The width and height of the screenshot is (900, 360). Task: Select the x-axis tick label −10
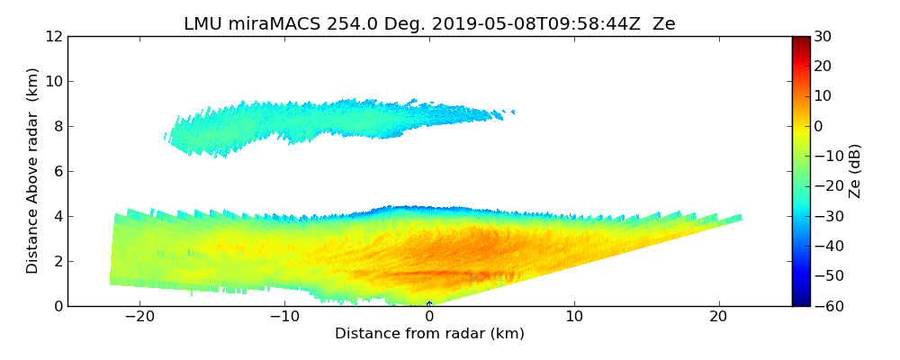(x=284, y=317)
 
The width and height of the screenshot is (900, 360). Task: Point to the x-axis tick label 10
(x=574, y=317)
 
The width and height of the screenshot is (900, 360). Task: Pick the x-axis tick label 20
(x=718, y=317)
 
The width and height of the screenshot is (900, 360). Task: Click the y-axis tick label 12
(x=53, y=36)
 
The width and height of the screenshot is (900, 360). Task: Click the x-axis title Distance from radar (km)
(x=429, y=334)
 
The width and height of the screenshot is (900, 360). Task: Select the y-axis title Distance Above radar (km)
(x=32, y=171)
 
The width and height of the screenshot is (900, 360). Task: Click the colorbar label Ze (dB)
(x=855, y=171)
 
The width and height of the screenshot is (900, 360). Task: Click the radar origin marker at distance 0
(x=429, y=303)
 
